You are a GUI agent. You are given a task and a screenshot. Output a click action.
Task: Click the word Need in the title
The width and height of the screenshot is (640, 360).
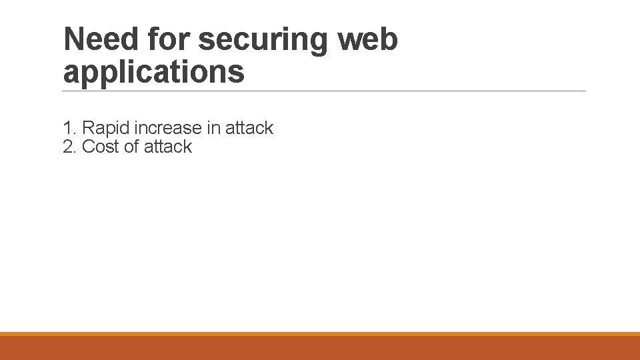pyautogui.click(x=101, y=39)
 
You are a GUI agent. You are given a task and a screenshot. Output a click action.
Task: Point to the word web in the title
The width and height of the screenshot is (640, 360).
pyautogui.click(x=368, y=39)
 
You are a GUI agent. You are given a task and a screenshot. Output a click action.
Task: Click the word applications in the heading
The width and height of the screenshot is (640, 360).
pyautogui.click(x=154, y=72)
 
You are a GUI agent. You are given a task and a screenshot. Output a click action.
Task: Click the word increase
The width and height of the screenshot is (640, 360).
pyautogui.click(x=167, y=128)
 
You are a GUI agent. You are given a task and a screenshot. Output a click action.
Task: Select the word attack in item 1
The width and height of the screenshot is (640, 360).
pyautogui.click(x=249, y=128)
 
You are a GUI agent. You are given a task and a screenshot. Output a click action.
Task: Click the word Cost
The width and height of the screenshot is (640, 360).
pyautogui.click(x=100, y=147)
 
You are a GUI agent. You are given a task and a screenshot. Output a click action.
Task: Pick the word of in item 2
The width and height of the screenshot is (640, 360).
pyautogui.click(x=131, y=147)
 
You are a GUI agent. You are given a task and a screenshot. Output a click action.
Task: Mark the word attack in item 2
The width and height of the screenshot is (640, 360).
pyautogui.click(x=167, y=147)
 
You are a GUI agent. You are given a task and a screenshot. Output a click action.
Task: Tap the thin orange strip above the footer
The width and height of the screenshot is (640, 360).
pyautogui.click(x=320, y=334)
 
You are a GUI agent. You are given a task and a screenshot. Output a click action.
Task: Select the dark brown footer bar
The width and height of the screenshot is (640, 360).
pyautogui.click(x=320, y=348)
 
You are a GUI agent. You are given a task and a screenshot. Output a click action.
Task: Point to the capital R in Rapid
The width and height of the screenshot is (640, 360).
pyautogui.click(x=87, y=128)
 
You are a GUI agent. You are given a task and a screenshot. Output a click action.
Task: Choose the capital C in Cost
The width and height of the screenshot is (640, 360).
pyautogui.click(x=88, y=147)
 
